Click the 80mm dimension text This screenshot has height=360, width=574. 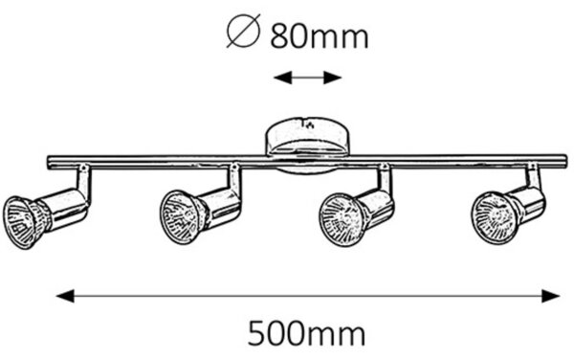point(320,36)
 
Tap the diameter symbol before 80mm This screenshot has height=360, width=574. point(243,31)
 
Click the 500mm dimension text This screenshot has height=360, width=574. point(307,333)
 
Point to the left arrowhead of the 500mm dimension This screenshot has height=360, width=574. point(65,296)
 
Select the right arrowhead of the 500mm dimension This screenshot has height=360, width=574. point(551,296)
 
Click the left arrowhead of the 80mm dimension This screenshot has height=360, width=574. point(282,78)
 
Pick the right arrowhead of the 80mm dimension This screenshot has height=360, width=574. point(332,78)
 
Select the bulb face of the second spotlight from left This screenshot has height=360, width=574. point(180,217)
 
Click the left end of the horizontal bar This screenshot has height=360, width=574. point(49,162)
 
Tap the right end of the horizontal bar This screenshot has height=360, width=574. point(565,162)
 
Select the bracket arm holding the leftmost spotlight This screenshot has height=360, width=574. point(84,182)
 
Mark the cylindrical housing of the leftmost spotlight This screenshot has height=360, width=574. point(62,210)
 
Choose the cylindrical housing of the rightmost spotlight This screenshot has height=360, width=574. point(527,206)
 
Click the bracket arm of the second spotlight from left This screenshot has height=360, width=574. point(234,180)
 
